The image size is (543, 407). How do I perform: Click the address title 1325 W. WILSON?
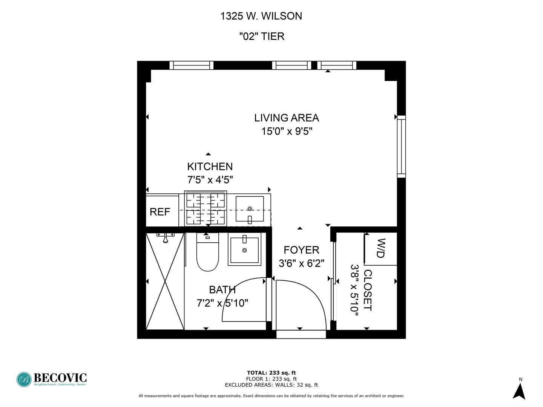coord(261,16)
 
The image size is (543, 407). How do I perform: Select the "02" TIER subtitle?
coord(262,37)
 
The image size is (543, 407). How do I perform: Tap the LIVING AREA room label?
coord(286,118)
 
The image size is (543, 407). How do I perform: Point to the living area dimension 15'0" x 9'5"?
coord(287,132)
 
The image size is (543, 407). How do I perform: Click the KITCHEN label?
coord(210,167)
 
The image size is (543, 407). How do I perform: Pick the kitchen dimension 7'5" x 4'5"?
coord(210,180)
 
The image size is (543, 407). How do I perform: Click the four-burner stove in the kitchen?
coord(206,208)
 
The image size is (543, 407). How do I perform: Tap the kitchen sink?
coord(250,209)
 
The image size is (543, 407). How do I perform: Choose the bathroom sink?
coord(244,249)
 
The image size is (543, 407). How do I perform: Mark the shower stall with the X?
coord(165,281)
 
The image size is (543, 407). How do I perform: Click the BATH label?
coord(222,290)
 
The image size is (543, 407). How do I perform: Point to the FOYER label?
coord(301,250)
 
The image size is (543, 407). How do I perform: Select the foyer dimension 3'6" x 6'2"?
coord(301,263)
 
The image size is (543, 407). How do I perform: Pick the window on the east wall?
coord(401,147)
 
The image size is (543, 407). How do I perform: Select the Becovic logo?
coord(52,379)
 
